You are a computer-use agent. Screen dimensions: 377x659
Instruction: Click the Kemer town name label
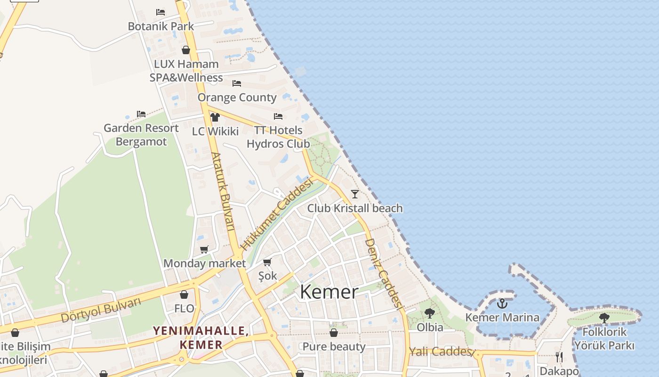pos(329,292)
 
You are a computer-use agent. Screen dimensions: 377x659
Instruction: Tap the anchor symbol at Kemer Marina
pos(502,303)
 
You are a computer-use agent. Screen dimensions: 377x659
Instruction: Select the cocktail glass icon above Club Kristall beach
pos(355,194)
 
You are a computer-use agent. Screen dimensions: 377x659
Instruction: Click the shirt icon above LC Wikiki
pos(215,117)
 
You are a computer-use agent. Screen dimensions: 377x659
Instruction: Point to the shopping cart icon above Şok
pos(267,262)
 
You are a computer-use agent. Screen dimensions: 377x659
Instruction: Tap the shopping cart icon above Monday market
pos(204,250)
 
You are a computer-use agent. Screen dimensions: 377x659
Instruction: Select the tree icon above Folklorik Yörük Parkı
pos(604,318)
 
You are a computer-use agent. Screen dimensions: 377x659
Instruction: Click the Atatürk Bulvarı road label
pos(223,191)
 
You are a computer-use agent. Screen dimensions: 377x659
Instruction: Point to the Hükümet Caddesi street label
pos(277,214)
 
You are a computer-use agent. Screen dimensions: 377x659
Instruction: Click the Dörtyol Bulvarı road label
pos(101,310)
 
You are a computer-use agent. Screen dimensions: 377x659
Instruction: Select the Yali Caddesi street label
pos(440,352)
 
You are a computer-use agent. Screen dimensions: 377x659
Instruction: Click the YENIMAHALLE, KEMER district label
pos(201,337)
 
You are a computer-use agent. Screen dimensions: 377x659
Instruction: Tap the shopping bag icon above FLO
pos(184,295)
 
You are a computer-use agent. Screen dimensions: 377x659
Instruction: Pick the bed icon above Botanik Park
pos(161,12)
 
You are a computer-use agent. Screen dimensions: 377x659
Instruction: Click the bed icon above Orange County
pos(237,83)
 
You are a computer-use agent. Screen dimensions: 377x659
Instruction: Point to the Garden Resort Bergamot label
pos(141,135)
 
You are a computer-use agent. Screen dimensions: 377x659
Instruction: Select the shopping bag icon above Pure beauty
pos(334,333)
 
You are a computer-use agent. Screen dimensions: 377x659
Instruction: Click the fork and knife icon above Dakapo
pos(559,357)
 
